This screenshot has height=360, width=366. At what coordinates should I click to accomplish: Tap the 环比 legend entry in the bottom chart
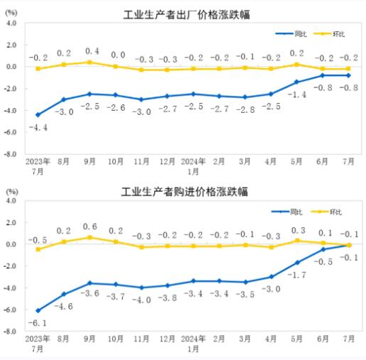[x=335, y=212]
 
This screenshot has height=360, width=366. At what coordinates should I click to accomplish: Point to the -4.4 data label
[x=38, y=127]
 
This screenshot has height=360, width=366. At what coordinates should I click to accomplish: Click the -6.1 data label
[x=38, y=322]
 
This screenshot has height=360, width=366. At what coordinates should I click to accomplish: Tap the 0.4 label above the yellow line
[x=90, y=51]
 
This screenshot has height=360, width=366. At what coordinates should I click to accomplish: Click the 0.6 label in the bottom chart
[x=90, y=227]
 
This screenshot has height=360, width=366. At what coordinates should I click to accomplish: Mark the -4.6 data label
[x=64, y=305]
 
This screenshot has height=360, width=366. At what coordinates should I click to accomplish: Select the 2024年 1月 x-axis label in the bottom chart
[x=193, y=344]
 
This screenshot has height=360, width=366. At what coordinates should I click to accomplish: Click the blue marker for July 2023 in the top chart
[x=38, y=114]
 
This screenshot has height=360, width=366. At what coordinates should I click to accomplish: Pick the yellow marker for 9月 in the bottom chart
[x=90, y=237]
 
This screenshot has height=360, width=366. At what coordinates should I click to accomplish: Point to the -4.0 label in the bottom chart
[x=141, y=300]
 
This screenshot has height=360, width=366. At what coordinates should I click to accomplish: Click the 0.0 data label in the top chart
[x=116, y=55]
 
